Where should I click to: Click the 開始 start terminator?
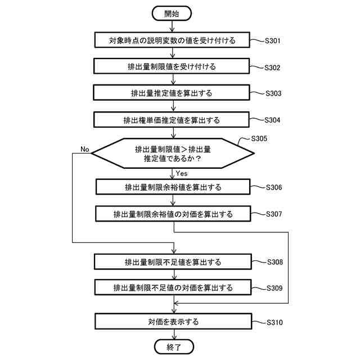point(172,13)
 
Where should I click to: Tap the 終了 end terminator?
point(173,346)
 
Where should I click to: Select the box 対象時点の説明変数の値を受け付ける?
point(172,40)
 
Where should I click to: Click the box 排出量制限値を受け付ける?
point(172,66)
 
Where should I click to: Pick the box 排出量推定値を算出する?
point(172,93)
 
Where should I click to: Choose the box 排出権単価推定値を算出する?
point(172,120)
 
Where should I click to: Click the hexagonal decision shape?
point(172,153)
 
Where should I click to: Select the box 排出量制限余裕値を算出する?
point(173,187)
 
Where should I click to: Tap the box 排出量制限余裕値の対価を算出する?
point(173,214)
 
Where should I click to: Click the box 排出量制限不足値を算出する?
point(173,262)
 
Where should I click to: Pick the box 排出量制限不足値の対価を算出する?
point(173,287)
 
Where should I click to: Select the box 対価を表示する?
point(173,322)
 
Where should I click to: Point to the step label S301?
point(277,41)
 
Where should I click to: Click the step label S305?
point(260,138)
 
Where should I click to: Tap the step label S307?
point(278,214)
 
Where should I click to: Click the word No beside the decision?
point(85,149)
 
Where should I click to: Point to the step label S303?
point(277,93)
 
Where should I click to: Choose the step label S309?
point(278,288)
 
